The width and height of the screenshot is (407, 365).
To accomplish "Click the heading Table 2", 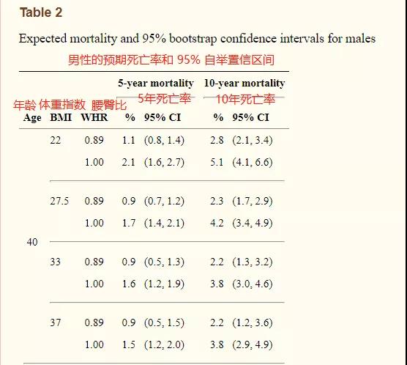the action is coord(41,12).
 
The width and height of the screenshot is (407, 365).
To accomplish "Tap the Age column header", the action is coord(32,118).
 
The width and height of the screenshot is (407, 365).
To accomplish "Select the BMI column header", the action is coord(61,117).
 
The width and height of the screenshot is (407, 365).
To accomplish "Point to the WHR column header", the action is coord(94,117).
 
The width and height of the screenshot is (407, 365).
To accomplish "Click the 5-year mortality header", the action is coord(156,84).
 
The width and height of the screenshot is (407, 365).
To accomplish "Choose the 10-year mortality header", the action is coord(244,84).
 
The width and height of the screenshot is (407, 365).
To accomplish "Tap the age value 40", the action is coord(32,242).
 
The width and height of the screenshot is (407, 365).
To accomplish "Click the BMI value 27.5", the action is coord(59,201).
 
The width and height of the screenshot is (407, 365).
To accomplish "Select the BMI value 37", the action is coord(56,322).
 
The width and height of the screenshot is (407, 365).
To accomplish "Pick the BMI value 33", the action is coord(56,262).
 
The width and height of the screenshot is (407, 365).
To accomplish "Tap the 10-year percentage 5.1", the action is coord(217,162).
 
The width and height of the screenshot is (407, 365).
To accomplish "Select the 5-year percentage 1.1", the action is coord(129,141).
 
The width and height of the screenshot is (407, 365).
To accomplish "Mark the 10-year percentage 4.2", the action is coord(217,223).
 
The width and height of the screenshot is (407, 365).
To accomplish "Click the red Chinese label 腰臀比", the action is coord(109,106).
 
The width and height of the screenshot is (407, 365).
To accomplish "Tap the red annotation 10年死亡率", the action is coord(245,99).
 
